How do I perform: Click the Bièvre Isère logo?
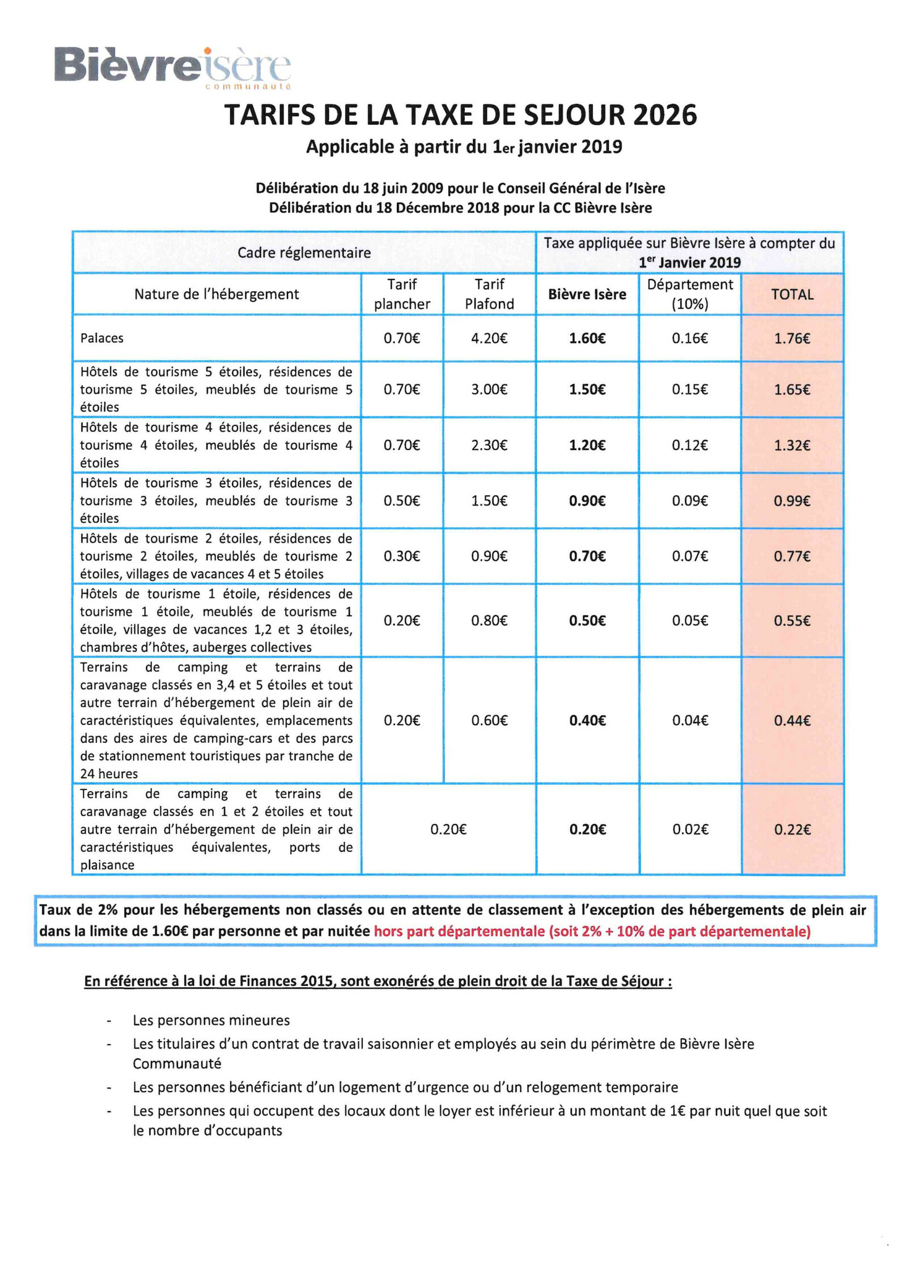pos(172,67)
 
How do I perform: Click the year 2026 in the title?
pos(664,115)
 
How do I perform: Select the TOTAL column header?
pos(792,294)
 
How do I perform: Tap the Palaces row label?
pos(102,338)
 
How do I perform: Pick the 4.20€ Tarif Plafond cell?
pos(489,338)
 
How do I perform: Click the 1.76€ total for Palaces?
pos(792,338)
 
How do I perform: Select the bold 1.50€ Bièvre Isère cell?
pos(587,389)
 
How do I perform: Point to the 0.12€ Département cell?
pos(690,445)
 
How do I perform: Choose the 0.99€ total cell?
pos(792,500)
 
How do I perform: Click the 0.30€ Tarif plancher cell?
pos(401,556)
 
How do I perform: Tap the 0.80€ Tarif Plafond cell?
pos(489,621)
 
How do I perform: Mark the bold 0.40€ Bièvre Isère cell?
pos(587,720)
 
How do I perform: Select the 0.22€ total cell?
pos(792,829)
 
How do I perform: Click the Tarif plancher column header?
pos(402,294)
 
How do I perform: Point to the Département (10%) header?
pos(690,294)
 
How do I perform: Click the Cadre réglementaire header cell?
pos(304,253)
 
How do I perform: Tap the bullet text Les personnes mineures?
pos(211,1020)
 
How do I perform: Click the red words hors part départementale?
pos(459,931)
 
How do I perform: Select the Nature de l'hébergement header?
pos(217,294)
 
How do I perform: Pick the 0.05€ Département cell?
pos(690,621)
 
